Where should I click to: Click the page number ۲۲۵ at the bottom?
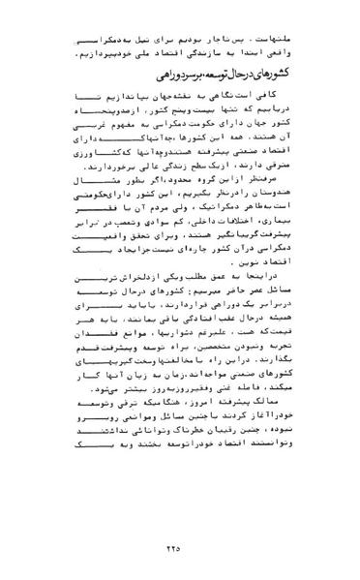180,548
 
